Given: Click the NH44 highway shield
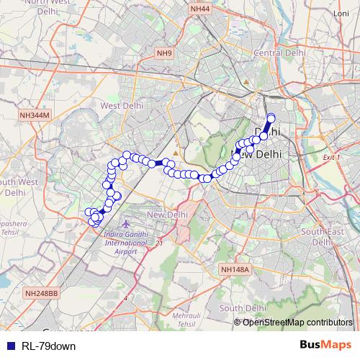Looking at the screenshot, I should [201, 9].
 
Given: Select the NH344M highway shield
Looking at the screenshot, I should [35, 114].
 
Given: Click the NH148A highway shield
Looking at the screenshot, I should [235, 269].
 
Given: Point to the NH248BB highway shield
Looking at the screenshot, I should [40, 293].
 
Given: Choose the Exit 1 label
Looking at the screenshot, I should [331, 157].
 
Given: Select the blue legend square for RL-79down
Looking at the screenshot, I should [9, 346].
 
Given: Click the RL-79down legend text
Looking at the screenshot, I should [48, 346].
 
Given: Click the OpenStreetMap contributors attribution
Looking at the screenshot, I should [297, 323].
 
